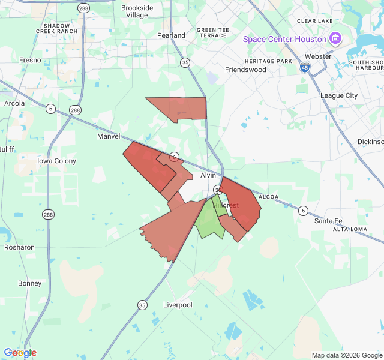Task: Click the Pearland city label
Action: (x=172, y=35)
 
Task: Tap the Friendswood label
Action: (x=245, y=70)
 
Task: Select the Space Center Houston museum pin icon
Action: (x=335, y=39)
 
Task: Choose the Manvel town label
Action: (x=109, y=136)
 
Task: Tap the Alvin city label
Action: (x=208, y=175)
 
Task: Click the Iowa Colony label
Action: (x=57, y=161)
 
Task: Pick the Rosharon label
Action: (x=19, y=247)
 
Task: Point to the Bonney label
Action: (x=29, y=283)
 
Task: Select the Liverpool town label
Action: (x=178, y=305)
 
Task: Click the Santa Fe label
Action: (x=328, y=221)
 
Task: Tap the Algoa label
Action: (x=269, y=197)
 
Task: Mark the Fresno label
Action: (x=30, y=60)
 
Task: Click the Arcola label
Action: (x=14, y=103)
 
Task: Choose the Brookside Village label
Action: (x=137, y=11)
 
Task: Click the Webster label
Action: (x=318, y=56)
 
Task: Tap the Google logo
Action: (x=20, y=353)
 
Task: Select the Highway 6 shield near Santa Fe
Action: (x=304, y=210)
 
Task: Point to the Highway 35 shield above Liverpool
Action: (x=142, y=305)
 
